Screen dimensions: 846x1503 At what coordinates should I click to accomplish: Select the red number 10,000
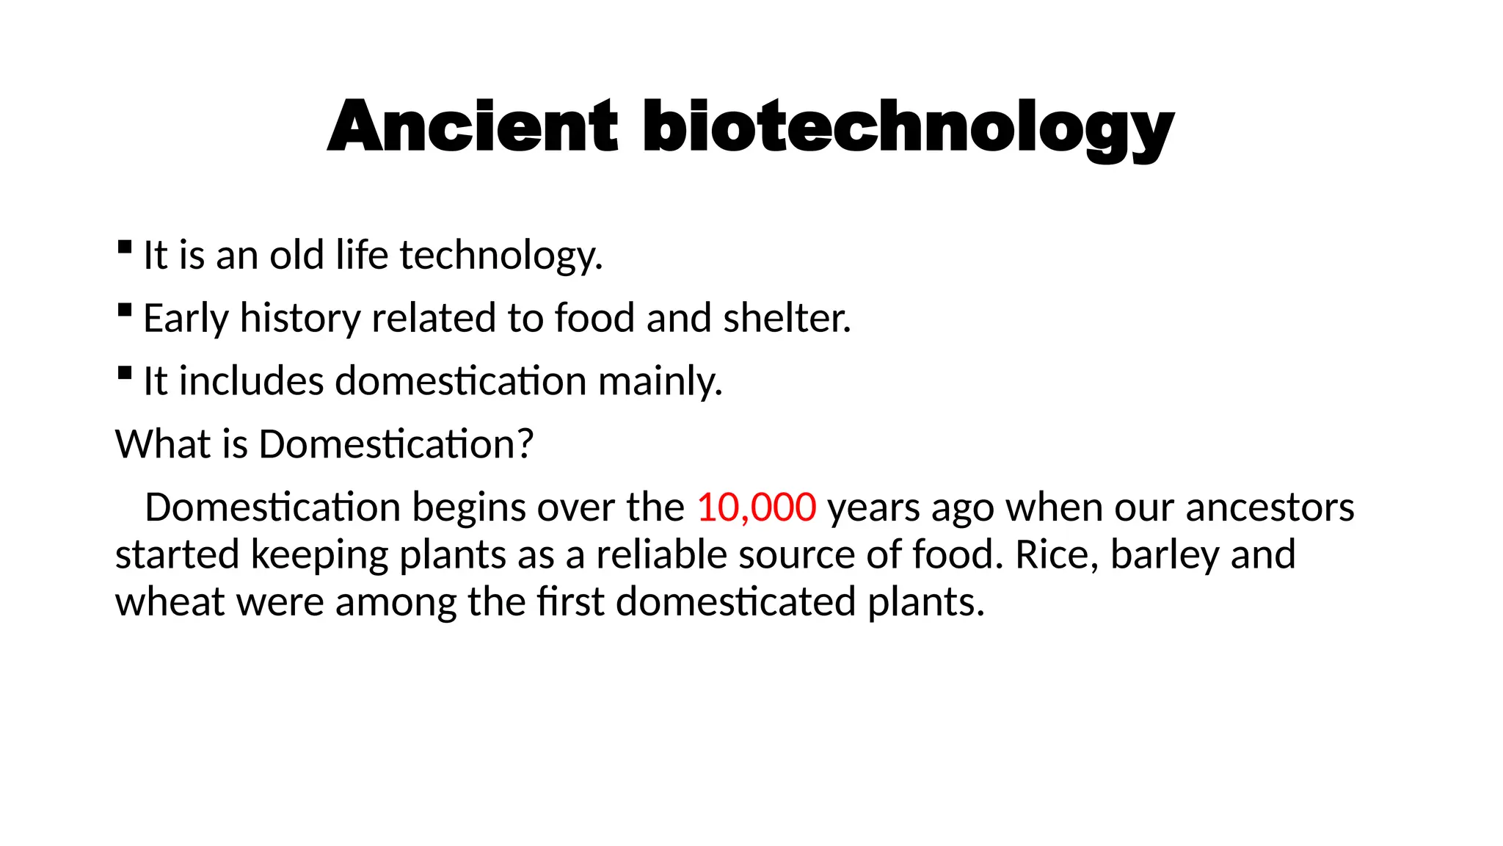pos(756,507)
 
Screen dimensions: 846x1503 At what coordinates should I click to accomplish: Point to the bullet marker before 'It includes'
pos(125,372)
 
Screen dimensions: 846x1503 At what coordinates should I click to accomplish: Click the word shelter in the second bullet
pos(787,318)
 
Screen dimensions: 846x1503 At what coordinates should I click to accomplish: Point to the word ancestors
pos(1270,507)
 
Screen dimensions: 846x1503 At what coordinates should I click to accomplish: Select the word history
pos(300,319)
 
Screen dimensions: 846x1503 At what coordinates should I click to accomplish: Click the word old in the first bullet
pos(296,256)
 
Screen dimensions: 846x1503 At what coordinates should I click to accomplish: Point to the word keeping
pos(319,555)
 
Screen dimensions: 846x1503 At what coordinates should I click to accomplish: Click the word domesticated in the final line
pos(736,602)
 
